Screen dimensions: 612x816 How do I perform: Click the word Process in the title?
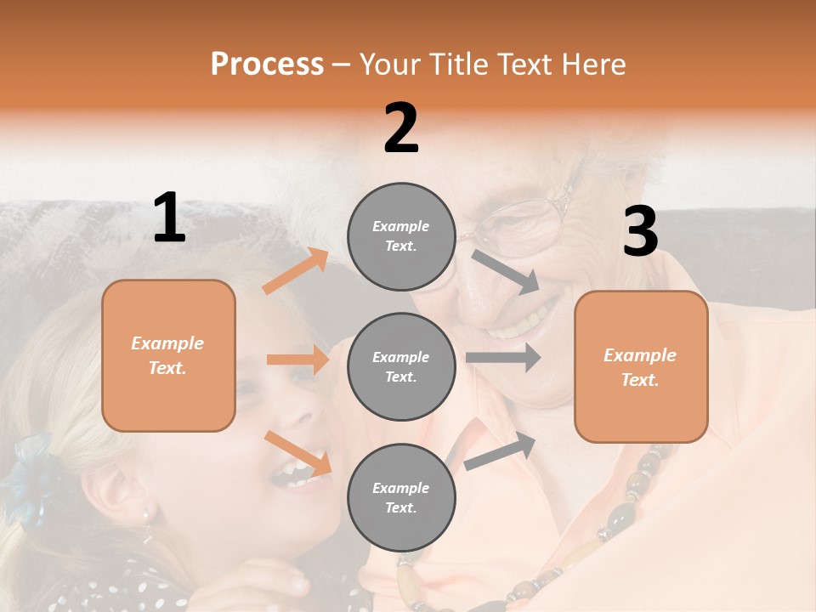267,65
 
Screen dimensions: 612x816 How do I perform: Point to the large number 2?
401,129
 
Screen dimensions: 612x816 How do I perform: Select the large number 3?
640,232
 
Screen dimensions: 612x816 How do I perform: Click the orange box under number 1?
168,355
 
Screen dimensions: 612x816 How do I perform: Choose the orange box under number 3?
641,367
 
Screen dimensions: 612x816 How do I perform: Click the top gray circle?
401,236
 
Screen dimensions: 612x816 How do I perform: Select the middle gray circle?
401,367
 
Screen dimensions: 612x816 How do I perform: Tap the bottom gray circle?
401,498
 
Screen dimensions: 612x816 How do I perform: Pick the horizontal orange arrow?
297,360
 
